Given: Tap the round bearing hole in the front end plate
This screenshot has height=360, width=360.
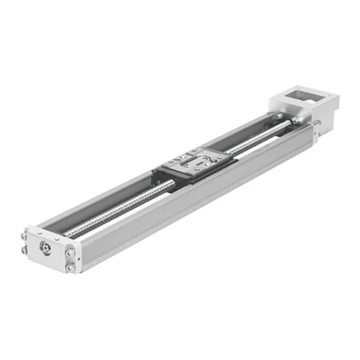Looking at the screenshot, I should (x=46, y=249).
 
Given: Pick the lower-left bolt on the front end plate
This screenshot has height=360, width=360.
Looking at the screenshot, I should (x=25, y=250).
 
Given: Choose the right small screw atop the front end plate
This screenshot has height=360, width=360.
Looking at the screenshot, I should (x=58, y=237).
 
